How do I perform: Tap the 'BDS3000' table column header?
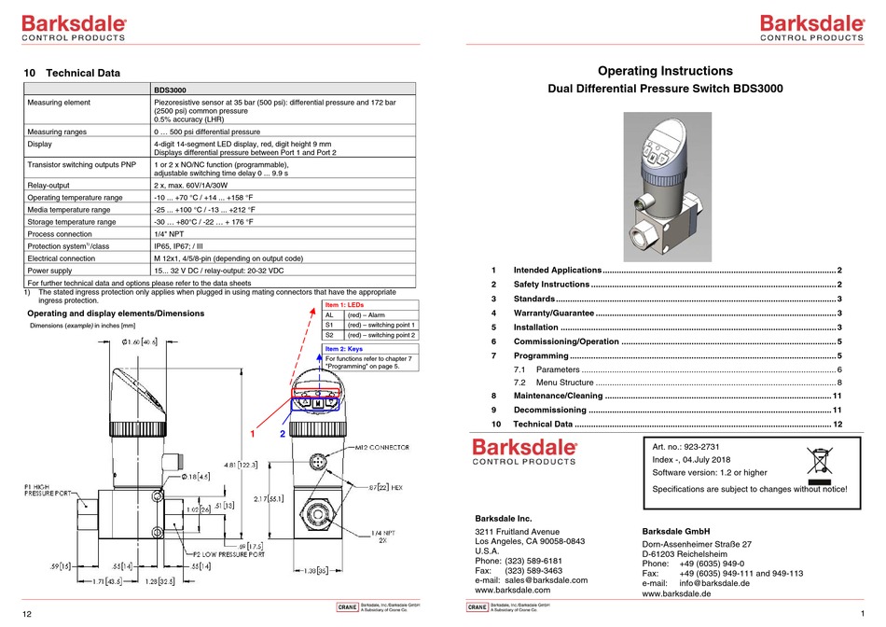[172, 90]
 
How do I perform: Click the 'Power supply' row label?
[53, 270]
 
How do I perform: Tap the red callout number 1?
[251, 435]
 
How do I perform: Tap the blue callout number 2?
[283, 435]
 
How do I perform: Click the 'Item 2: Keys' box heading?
[343, 348]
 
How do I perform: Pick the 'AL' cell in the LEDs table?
[329, 315]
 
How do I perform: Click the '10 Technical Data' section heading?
[72, 72]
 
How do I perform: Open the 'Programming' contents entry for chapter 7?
[542, 355]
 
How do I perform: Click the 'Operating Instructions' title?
[664, 71]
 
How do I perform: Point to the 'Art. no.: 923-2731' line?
[696, 447]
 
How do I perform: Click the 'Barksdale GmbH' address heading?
[676, 532]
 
